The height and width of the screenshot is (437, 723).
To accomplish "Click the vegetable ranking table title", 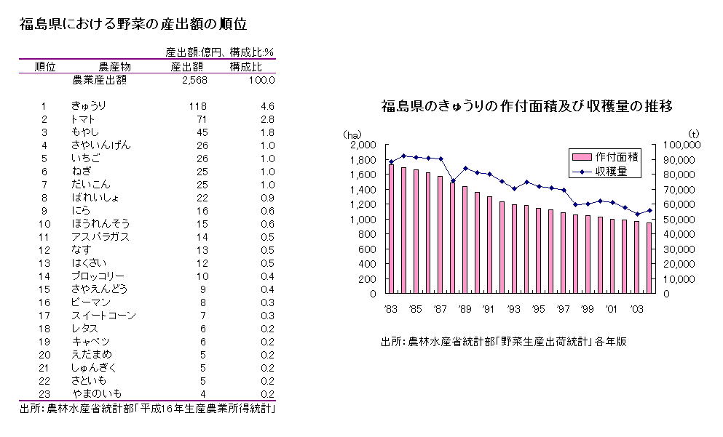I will [134, 24].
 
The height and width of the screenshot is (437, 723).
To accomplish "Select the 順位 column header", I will [45, 66].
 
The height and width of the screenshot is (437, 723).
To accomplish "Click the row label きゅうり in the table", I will [88, 106].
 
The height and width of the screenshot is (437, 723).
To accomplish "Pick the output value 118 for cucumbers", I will [197, 106].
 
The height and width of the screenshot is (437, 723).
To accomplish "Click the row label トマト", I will [84, 119].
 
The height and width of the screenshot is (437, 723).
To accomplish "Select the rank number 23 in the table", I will [44, 394].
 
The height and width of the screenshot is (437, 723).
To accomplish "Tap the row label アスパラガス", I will [100, 237].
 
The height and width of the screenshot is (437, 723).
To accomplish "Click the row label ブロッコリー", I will [98, 276].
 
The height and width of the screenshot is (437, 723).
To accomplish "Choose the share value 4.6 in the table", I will [267, 106].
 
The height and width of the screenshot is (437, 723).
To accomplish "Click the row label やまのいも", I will [96, 394].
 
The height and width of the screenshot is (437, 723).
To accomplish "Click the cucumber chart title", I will [526, 107].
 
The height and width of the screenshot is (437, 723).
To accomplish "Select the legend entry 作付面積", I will [616, 157].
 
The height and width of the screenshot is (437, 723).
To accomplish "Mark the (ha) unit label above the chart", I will [352, 133].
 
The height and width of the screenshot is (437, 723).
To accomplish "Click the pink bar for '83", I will [391, 229].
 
